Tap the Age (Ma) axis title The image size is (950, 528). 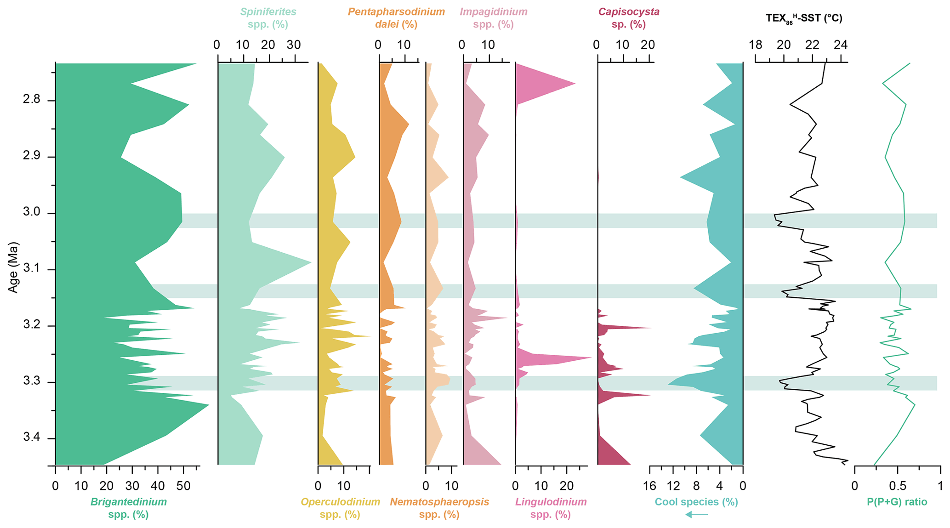point(13,267)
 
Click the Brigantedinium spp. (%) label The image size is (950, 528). point(128,508)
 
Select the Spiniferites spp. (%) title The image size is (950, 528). point(268,18)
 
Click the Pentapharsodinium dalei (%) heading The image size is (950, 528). point(396,18)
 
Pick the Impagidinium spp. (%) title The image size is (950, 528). point(494,18)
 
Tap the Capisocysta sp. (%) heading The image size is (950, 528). point(629,18)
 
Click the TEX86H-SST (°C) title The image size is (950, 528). point(804,18)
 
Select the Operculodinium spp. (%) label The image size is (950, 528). point(340,508)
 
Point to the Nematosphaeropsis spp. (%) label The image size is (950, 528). point(439,508)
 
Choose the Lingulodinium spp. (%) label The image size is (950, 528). point(551,508)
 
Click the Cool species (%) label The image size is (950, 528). point(696,502)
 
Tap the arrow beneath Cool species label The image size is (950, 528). point(697,514)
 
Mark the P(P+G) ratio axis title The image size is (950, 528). point(897,502)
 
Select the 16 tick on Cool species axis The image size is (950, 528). point(649,486)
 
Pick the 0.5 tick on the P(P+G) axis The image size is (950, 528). point(897,486)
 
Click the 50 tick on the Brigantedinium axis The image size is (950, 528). point(183,486)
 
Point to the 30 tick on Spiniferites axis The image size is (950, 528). point(294,45)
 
